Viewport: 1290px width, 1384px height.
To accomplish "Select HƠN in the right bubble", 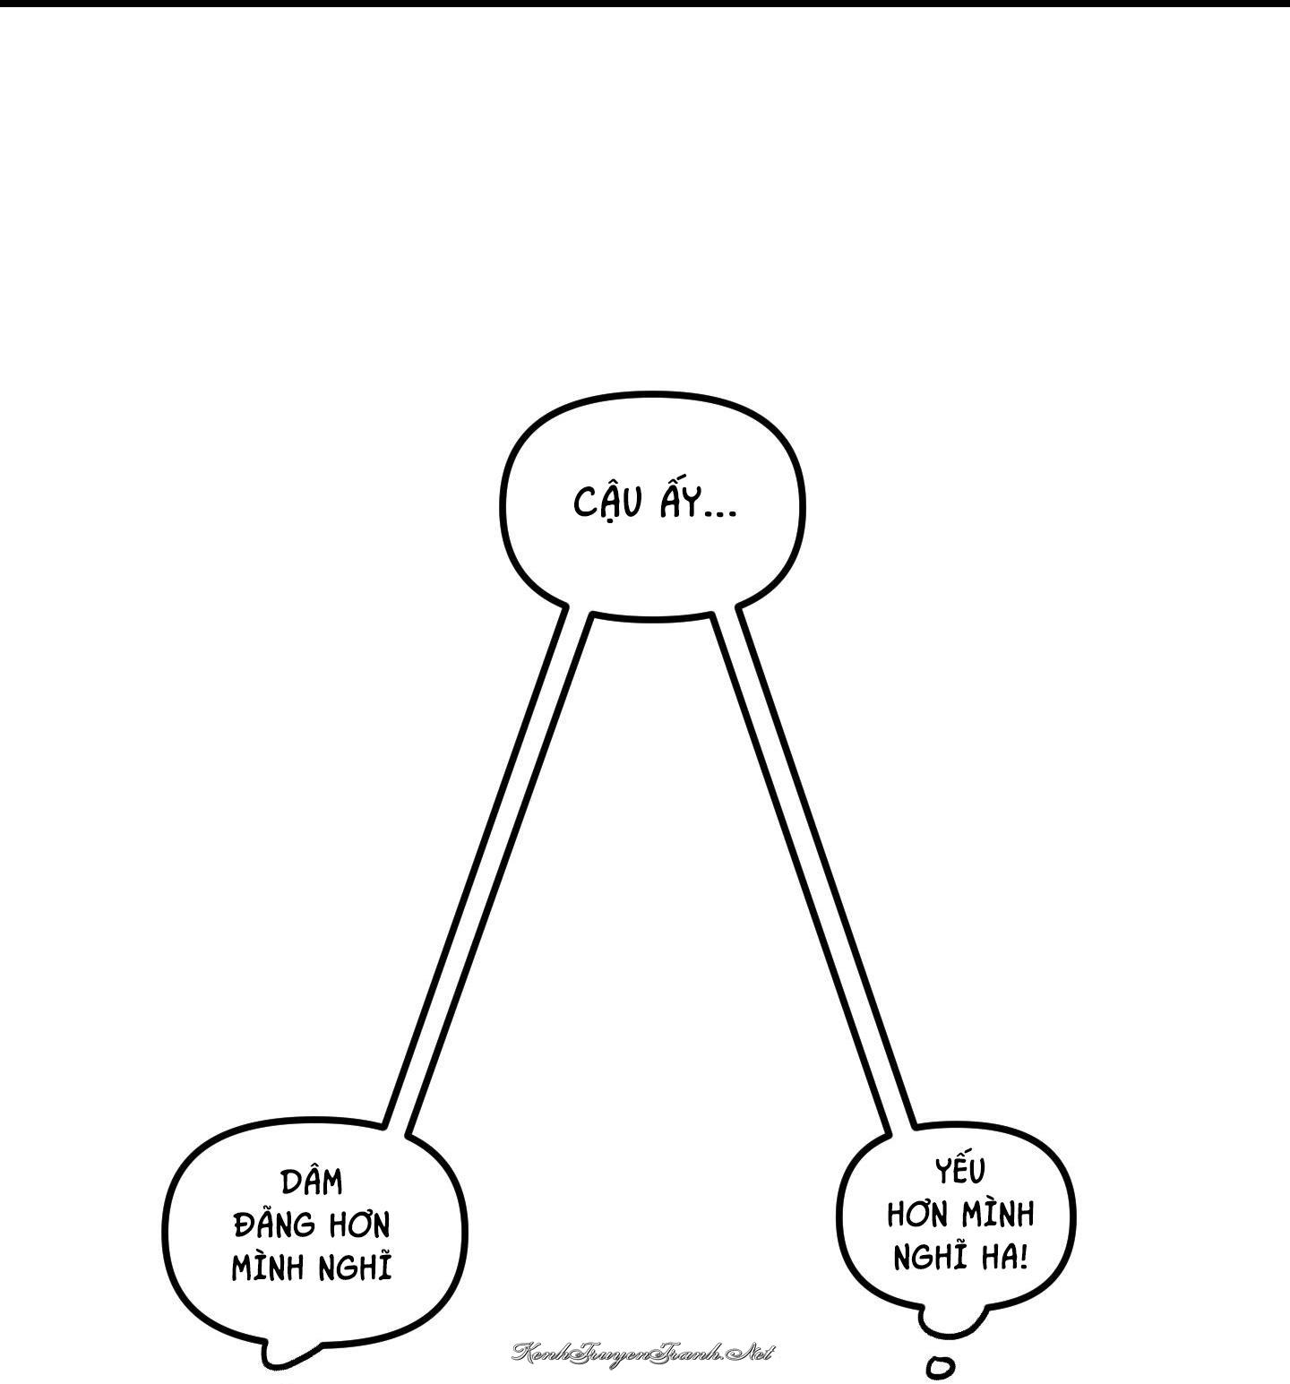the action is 919,1216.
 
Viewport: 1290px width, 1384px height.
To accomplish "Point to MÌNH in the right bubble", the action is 998,1214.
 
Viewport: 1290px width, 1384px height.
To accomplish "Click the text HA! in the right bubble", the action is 1002,1259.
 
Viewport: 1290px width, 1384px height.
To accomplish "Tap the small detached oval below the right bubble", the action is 940,1366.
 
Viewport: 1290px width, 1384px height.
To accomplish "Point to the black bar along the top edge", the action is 645,3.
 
